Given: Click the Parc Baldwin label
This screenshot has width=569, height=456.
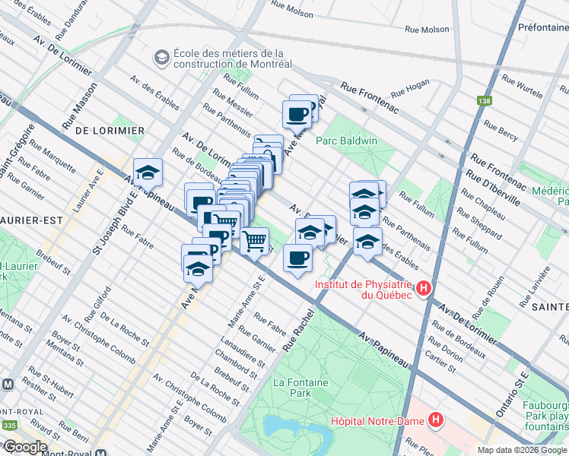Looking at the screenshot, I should pyautogui.click(x=346, y=141).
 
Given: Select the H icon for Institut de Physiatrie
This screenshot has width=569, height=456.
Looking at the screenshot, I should pyautogui.click(x=424, y=288).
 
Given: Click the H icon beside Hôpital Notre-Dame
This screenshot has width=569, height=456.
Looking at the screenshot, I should pyautogui.click(x=436, y=420).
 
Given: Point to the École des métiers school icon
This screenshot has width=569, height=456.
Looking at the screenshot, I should pyautogui.click(x=161, y=58).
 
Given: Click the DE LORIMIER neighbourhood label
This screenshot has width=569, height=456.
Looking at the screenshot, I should pyautogui.click(x=110, y=131).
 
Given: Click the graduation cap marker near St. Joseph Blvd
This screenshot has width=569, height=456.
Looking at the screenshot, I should pyautogui.click(x=148, y=173).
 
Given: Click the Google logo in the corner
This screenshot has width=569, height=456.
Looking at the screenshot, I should pyautogui.click(x=24, y=447).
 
